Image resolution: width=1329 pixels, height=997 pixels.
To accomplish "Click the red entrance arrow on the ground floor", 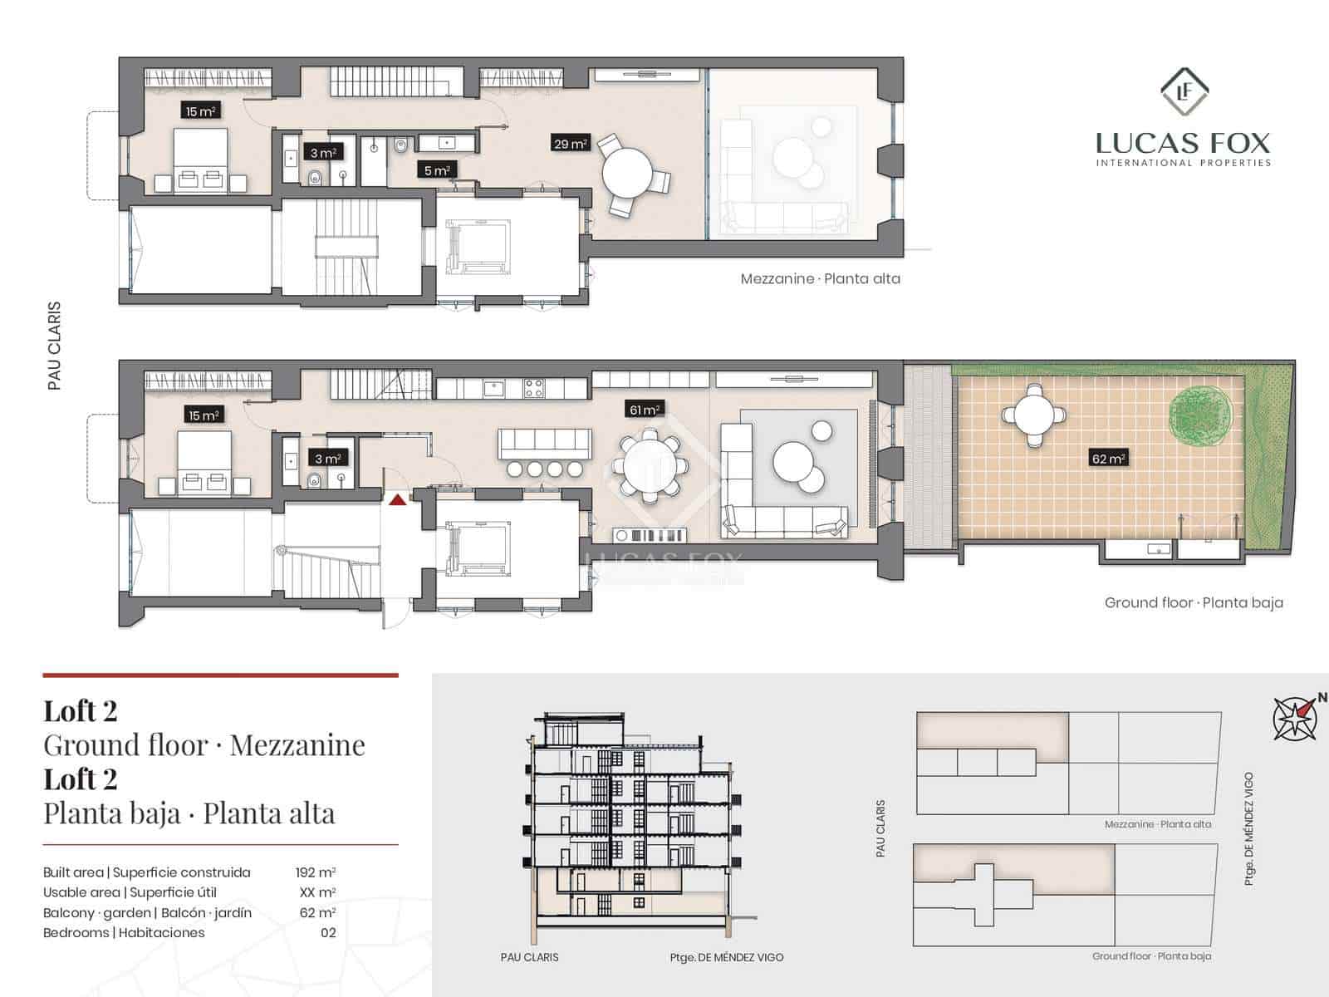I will tap(398, 499).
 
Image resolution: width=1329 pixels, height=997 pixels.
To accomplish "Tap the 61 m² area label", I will tap(644, 409).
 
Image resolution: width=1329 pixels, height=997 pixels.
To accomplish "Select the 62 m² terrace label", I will tap(1107, 458).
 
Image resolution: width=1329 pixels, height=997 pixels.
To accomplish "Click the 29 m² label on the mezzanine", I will tap(571, 144).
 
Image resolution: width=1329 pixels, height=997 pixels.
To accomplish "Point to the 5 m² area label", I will tap(437, 170).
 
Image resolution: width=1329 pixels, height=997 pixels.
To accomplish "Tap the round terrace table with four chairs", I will tap(1033, 415).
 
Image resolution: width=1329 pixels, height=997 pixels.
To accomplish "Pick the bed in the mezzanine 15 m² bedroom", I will tap(200, 160).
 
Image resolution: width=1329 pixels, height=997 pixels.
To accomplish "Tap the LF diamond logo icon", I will tap(1184, 92).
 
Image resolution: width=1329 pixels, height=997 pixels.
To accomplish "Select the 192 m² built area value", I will tap(316, 872).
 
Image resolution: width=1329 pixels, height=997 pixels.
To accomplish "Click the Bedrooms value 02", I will tap(328, 932).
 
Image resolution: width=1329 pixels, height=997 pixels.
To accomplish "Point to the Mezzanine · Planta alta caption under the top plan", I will tap(820, 279).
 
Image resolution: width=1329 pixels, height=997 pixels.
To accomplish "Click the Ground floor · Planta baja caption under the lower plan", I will tap(1194, 602).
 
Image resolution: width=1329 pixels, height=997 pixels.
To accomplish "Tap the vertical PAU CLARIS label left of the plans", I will tap(55, 346).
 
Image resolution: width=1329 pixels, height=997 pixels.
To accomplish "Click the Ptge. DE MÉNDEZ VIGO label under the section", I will tap(727, 957).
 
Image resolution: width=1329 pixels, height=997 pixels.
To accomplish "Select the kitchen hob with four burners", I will tap(532, 387).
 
